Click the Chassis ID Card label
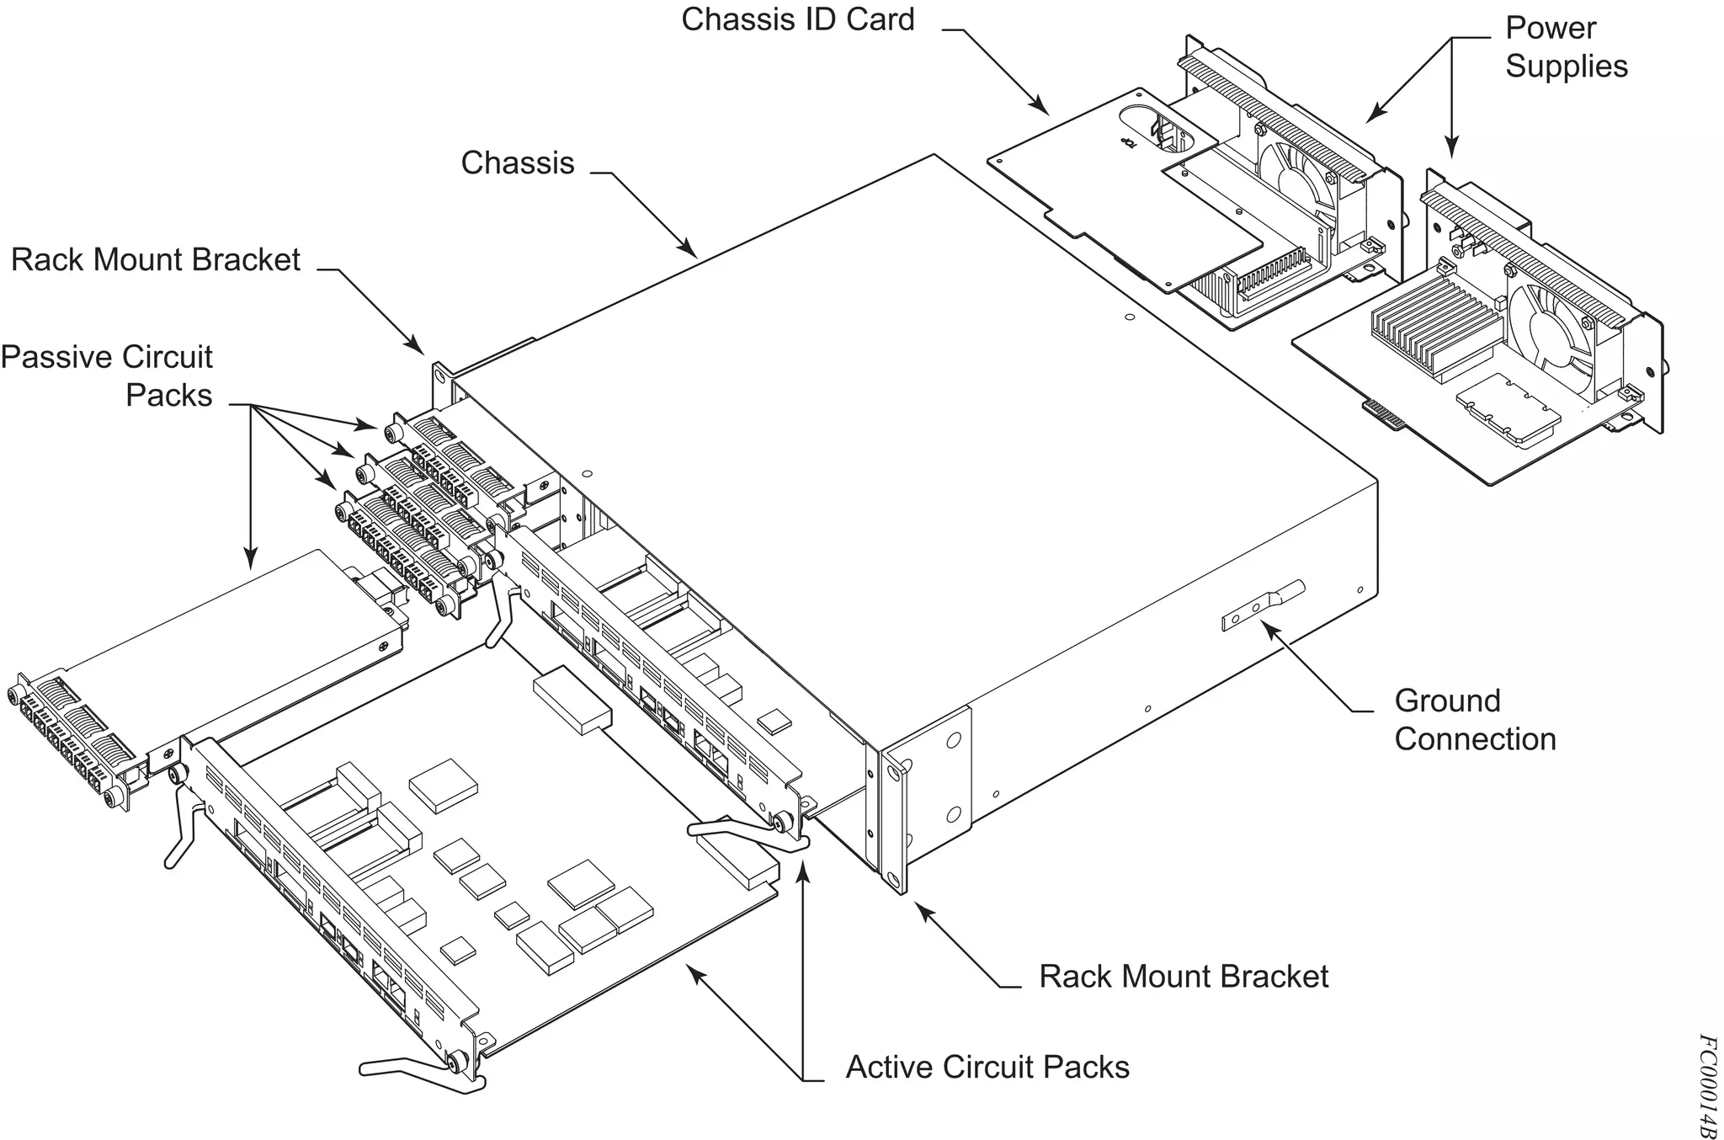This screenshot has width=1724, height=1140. tap(796, 19)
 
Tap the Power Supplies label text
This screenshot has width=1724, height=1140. tap(1565, 47)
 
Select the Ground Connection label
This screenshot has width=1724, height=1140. tap(1474, 720)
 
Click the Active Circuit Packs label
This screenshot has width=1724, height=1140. tap(987, 1067)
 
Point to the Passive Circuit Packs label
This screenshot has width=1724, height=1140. tap(108, 376)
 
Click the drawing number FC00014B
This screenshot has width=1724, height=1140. tap(1705, 1086)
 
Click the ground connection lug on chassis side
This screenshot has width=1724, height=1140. tap(1262, 605)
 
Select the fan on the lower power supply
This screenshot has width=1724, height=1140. tap(1547, 331)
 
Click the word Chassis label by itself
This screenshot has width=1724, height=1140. tap(517, 162)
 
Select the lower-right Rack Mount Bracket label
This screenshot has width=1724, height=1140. tap(1183, 977)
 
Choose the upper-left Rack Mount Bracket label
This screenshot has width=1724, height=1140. tap(155, 259)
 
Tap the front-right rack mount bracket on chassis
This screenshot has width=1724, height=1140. tap(894, 825)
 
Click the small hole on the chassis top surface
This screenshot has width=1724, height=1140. tap(1130, 317)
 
